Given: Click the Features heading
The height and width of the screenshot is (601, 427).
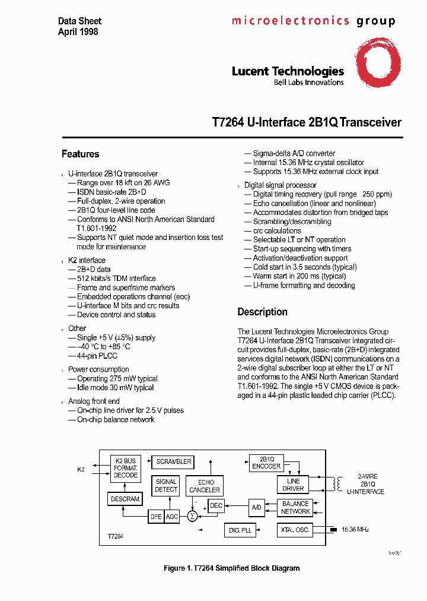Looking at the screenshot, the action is coord(80,154).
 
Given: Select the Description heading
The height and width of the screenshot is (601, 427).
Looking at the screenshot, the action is coord(262,312).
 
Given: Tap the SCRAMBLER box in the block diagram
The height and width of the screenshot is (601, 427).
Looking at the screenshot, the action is coord(173,461).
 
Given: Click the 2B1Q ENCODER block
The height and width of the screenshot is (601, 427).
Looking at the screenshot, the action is coord(266,463).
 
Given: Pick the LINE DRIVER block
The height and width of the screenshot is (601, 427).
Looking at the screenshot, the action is coord(293,485).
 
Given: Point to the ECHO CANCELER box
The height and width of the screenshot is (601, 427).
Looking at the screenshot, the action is coord(205,486).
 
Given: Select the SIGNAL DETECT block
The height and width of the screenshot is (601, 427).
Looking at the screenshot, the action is coord(166,485).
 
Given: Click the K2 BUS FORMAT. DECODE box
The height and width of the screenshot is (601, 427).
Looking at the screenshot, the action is coord(126,468).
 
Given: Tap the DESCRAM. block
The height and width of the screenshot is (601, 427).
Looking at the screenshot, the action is coord(125,499).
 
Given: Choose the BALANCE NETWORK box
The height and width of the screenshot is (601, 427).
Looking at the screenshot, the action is coord(295,507).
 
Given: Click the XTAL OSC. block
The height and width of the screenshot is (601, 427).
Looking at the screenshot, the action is coord(295,530).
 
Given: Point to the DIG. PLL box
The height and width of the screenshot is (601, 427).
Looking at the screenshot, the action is coord(241,531).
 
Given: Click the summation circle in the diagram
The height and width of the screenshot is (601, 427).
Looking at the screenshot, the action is coord(192,517).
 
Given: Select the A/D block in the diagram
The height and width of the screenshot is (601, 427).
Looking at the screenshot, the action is coord(257,508).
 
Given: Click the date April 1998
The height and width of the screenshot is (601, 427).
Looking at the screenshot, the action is coord(78,31).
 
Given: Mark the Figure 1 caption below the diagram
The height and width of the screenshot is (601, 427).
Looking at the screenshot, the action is coord(231,568).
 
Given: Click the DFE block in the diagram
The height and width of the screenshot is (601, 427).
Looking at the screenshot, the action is coord(156,517).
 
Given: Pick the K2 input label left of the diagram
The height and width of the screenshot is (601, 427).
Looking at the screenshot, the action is coord(81,469).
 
